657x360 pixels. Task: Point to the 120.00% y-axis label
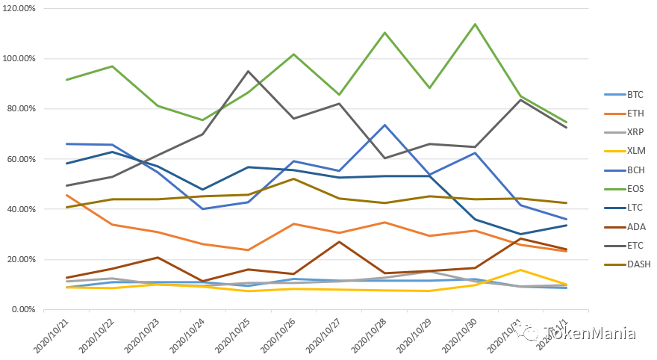tap(19, 8)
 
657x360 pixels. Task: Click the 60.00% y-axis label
tap(22, 159)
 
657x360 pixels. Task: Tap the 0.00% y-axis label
tap(24, 309)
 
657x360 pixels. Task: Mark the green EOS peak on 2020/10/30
tap(475, 24)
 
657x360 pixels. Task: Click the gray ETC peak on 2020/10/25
tap(248, 71)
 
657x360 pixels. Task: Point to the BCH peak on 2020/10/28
tap(384, 125)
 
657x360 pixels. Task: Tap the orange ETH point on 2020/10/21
tap(66, 195)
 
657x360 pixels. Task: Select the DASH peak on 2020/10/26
tap(293, 179)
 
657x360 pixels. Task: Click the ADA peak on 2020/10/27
tap(339, 241)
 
